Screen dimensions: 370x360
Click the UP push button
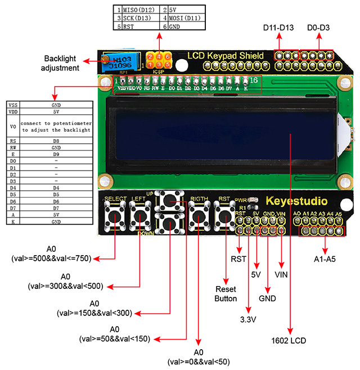pyautogui.click(x=169, y=201)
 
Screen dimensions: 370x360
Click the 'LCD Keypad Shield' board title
pyautogui.click(x=225, y=55)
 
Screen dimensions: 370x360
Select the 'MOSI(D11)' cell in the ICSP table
pyautogui.click(x=186, y=17)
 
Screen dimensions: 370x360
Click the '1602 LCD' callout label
pyautogui.click(x=290, y=341)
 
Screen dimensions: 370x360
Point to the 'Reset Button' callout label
pyautogui.click(x=226, y=294)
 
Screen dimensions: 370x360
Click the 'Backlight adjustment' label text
pyautogui.click(x=61, y=64)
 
